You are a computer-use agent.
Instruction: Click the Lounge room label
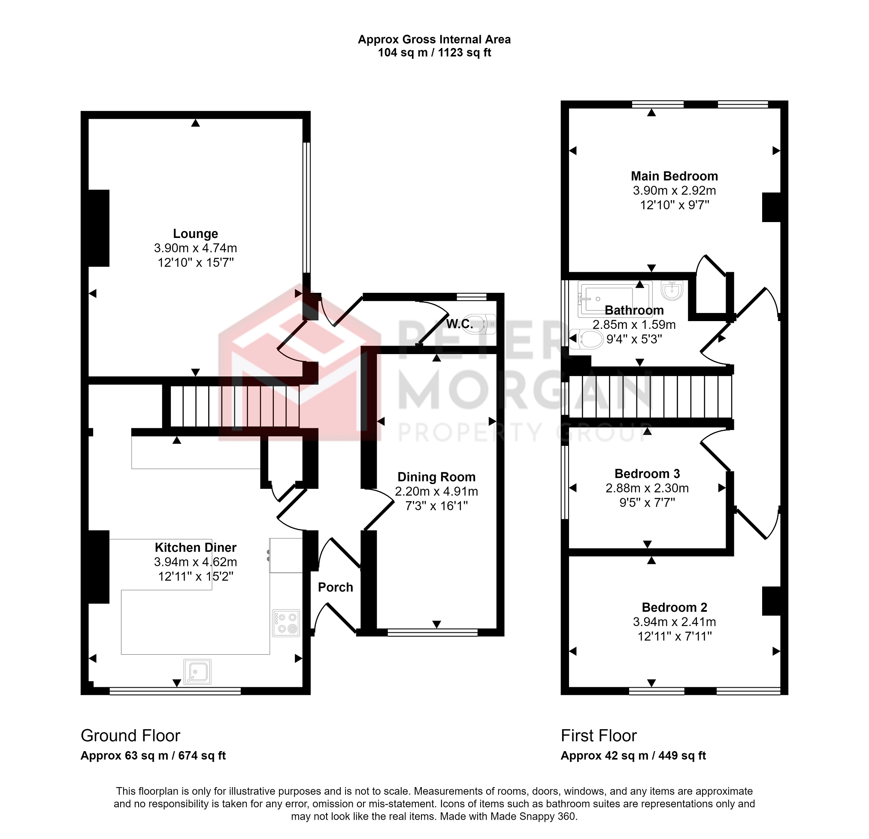coord(196,234)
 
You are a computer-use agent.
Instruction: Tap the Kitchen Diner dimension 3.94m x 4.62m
coord(196,562)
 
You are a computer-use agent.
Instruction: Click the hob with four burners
coord(286,623)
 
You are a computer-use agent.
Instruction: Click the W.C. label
coord(459,324)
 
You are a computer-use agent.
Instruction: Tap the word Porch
coord(336,587)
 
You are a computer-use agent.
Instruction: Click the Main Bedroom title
coord(674,176)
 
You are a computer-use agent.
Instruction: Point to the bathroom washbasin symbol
coord(672,291)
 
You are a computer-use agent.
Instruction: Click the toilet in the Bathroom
coord(586,339)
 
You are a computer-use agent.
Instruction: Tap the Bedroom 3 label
coord(647,474)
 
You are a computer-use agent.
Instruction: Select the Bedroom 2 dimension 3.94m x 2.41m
coord(674,622)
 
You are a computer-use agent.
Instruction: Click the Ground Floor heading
coord(130,736)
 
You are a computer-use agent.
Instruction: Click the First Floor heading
coord(599,736)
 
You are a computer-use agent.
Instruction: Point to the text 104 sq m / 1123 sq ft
coord(434,53)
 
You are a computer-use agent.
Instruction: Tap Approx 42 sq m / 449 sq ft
coord(633,756)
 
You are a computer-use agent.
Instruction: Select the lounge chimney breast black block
coord(99,228)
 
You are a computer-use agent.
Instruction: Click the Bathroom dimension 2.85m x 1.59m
coord(634,325)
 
